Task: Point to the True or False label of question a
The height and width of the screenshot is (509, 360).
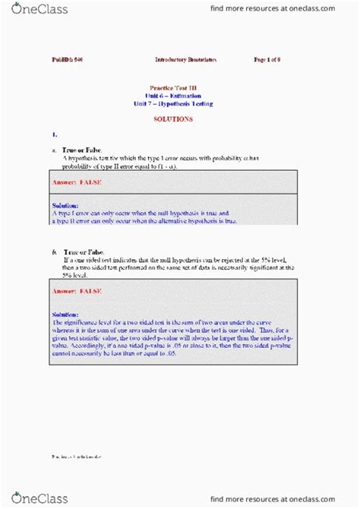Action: click(83, 150)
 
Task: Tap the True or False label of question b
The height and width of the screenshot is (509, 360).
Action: click(84, 251)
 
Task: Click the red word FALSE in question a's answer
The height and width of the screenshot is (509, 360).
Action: click(88, 183)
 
